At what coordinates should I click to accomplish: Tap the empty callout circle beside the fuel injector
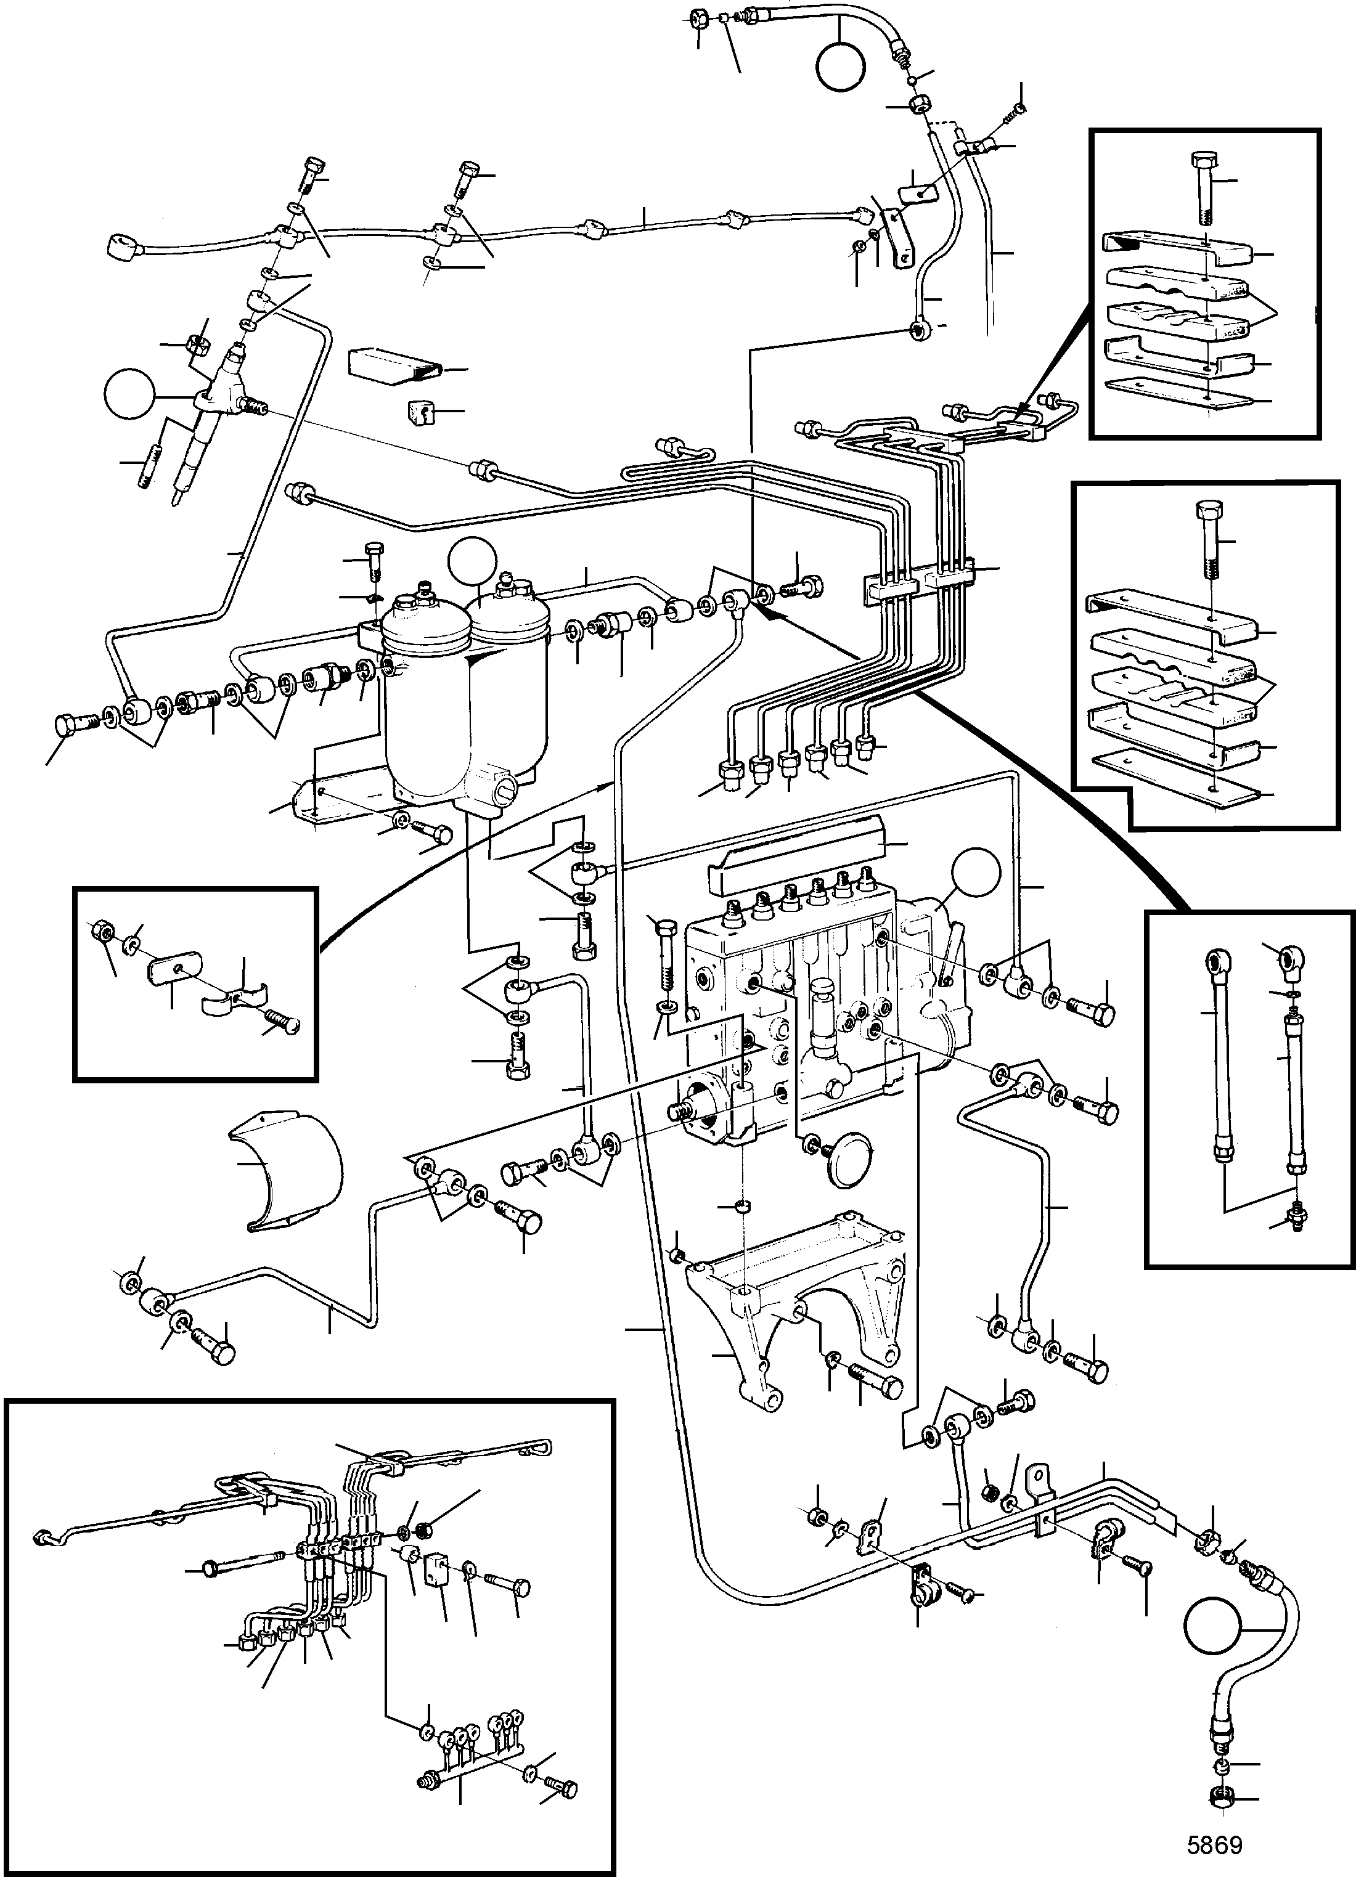131,396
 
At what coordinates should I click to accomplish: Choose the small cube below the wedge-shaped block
422,411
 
